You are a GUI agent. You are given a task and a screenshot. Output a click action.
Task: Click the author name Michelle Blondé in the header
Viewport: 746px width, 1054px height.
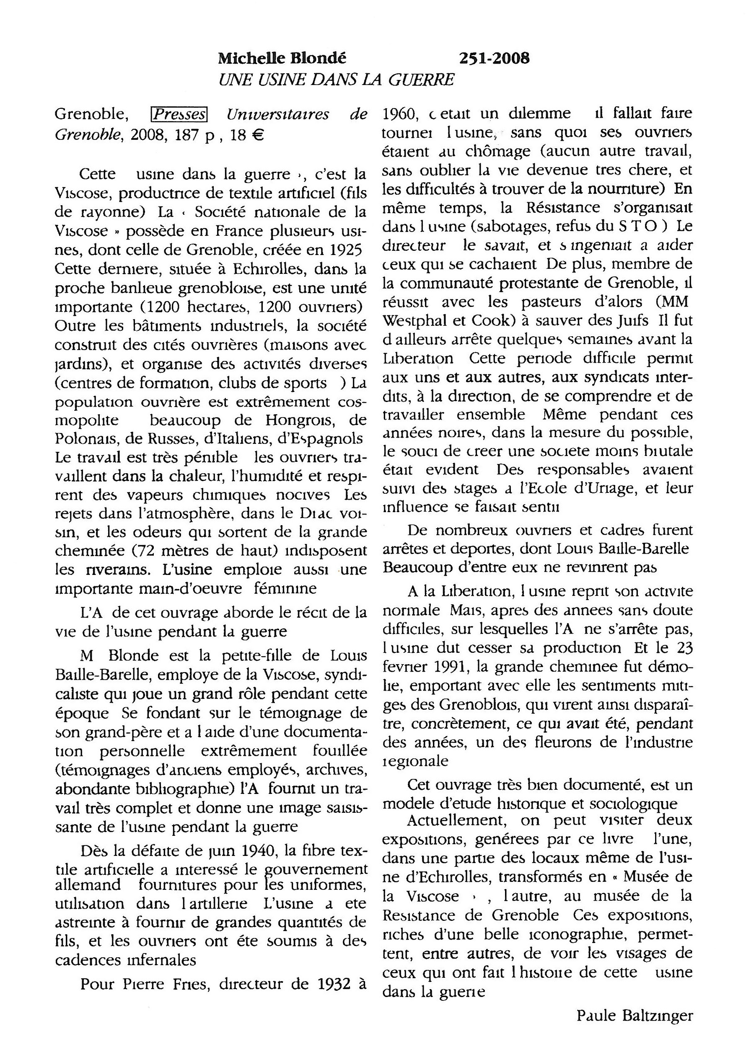tap(282, 58)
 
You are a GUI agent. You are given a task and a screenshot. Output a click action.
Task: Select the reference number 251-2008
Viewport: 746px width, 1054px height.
tap(494, 58)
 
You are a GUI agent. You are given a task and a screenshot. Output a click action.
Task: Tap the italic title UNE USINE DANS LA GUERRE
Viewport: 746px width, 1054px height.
tap(336, 80)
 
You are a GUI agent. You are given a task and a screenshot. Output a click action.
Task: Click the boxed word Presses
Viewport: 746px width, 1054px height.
tap(179, 114)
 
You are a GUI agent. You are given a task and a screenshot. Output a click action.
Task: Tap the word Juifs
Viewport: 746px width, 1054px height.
tap(631, 320)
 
